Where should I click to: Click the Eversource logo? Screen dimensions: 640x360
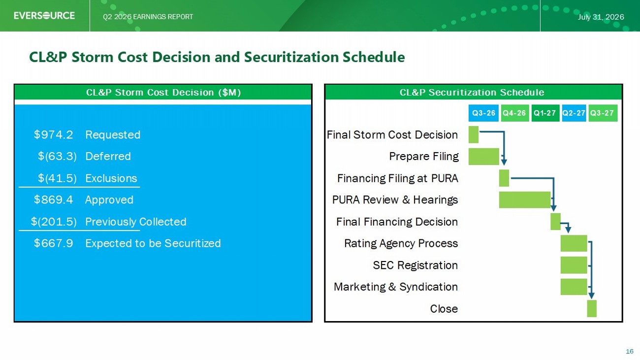44,15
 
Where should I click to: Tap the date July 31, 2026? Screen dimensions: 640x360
601,17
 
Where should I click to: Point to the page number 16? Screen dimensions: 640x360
630,351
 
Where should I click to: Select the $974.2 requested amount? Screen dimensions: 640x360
54,134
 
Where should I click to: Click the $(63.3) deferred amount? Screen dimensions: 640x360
57,156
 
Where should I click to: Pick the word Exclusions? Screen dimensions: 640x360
111,178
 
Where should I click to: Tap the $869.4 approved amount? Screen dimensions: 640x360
54,200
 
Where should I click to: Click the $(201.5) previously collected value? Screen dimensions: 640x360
54,222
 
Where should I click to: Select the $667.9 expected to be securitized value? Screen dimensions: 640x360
54,243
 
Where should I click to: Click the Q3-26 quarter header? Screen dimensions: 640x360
483,113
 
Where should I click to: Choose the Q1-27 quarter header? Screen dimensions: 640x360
545,113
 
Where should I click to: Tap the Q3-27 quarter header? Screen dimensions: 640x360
602,113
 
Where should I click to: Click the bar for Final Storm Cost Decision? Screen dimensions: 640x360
474,134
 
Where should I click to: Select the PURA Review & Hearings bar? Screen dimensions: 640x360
525,200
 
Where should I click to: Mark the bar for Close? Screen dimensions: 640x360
592,309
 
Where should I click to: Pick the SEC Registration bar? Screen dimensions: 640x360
574,265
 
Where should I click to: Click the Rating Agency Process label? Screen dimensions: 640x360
401,243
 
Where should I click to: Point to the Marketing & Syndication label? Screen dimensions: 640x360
396,287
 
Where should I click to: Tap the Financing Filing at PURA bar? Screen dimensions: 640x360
504,178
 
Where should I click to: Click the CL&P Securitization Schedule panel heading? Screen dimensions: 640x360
472,92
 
